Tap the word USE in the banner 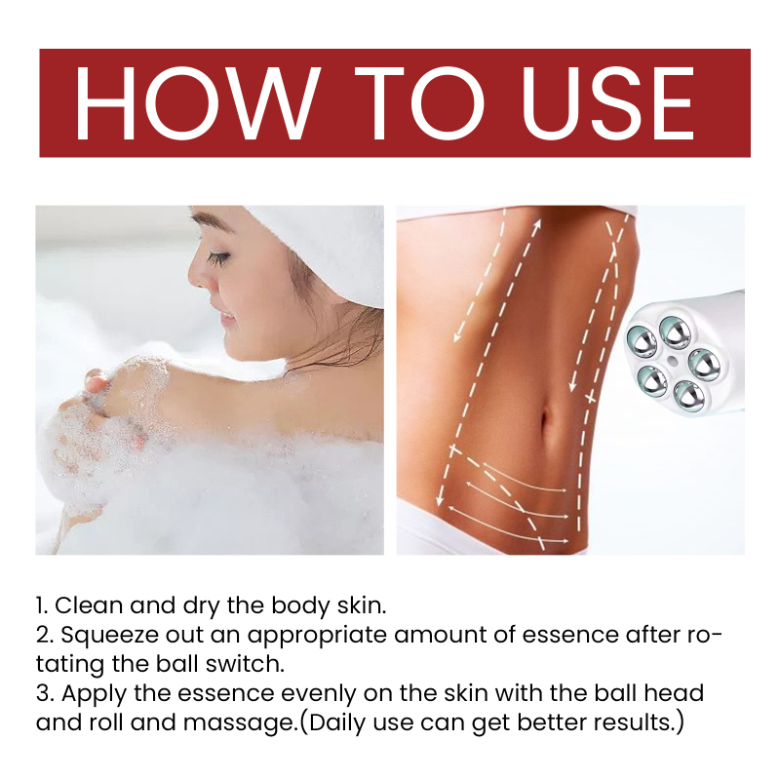point(607,103)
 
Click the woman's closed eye point(219,257)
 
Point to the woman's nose point(198,279)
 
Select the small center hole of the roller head point(672,359)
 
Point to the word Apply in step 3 point(94,694)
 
